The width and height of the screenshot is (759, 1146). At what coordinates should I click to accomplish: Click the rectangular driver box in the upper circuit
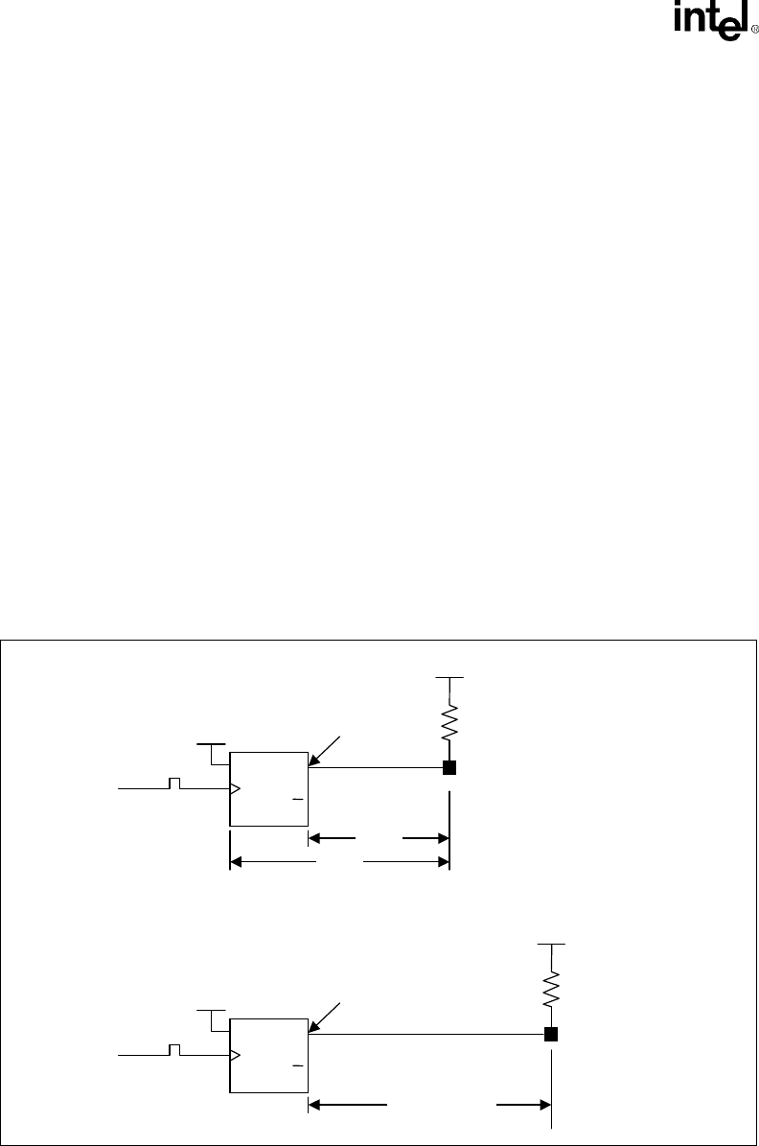(x=268, y=788)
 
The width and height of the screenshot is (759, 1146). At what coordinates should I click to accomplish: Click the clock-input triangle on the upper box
(x=235, y=789)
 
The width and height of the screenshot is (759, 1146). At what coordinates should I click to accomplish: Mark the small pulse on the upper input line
(x=174, y=783)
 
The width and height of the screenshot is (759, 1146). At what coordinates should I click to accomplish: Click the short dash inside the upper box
(x=297, y=798)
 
